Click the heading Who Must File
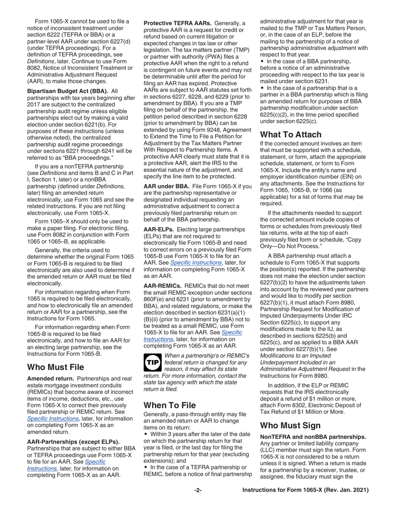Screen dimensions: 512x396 (55, 367)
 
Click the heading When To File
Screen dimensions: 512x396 (169, 405)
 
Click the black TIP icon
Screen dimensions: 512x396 (151, 363)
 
